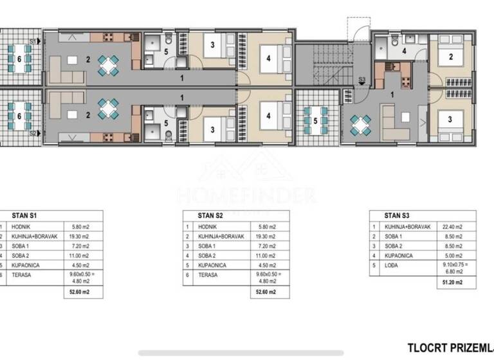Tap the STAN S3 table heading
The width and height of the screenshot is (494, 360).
[398, 216]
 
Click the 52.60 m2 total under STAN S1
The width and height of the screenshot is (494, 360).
[81, 292]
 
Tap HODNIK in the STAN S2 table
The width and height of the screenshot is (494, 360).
[208, 227]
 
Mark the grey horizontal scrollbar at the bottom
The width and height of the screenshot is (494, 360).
[246, 353]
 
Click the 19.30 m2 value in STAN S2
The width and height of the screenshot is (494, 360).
[264, 237]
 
